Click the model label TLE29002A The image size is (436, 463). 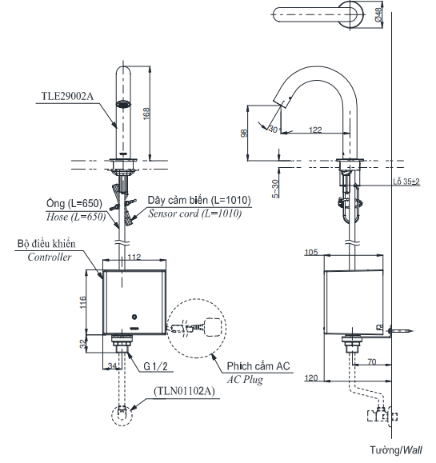[x=67, y=96]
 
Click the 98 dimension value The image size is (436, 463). [x=244, y=134]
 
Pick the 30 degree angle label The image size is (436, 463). [x=274, y=129]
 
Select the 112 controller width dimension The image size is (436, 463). [x=134, y=257]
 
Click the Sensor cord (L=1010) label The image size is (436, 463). [x=194, y=214]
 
